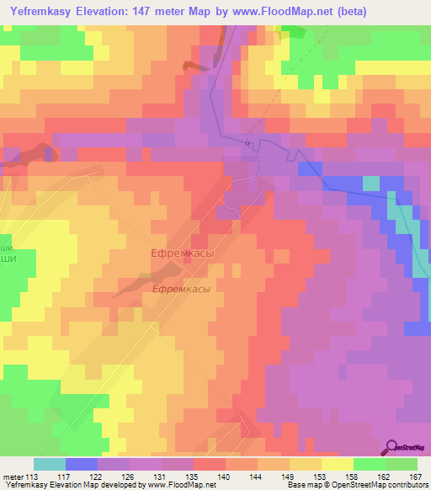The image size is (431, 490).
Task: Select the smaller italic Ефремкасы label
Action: (181, 288)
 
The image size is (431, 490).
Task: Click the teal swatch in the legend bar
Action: (50, 464)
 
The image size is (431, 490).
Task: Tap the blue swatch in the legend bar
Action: (82, 464)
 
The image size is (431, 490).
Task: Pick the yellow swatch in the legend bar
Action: (338, 464)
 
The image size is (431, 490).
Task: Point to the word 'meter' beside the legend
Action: (13, 477)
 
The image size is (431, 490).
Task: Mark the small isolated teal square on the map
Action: (370, 182)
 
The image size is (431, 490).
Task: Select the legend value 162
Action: (380, 477)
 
